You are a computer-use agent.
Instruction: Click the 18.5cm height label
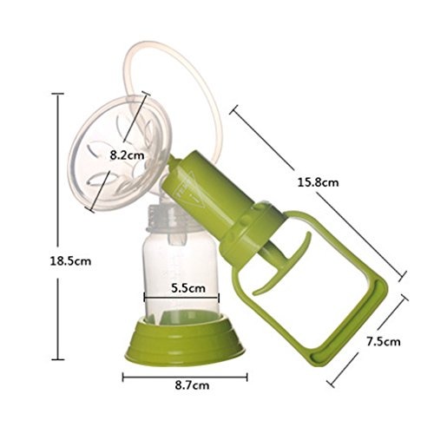(70, 261)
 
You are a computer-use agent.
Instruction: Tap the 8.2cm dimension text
(127, 155)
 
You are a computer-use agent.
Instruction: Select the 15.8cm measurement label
(318, 182)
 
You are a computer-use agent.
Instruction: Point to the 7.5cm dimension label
(384, 342)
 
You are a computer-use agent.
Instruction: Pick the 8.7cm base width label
(192, 385)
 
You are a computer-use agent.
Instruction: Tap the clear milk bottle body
(181, 278)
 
